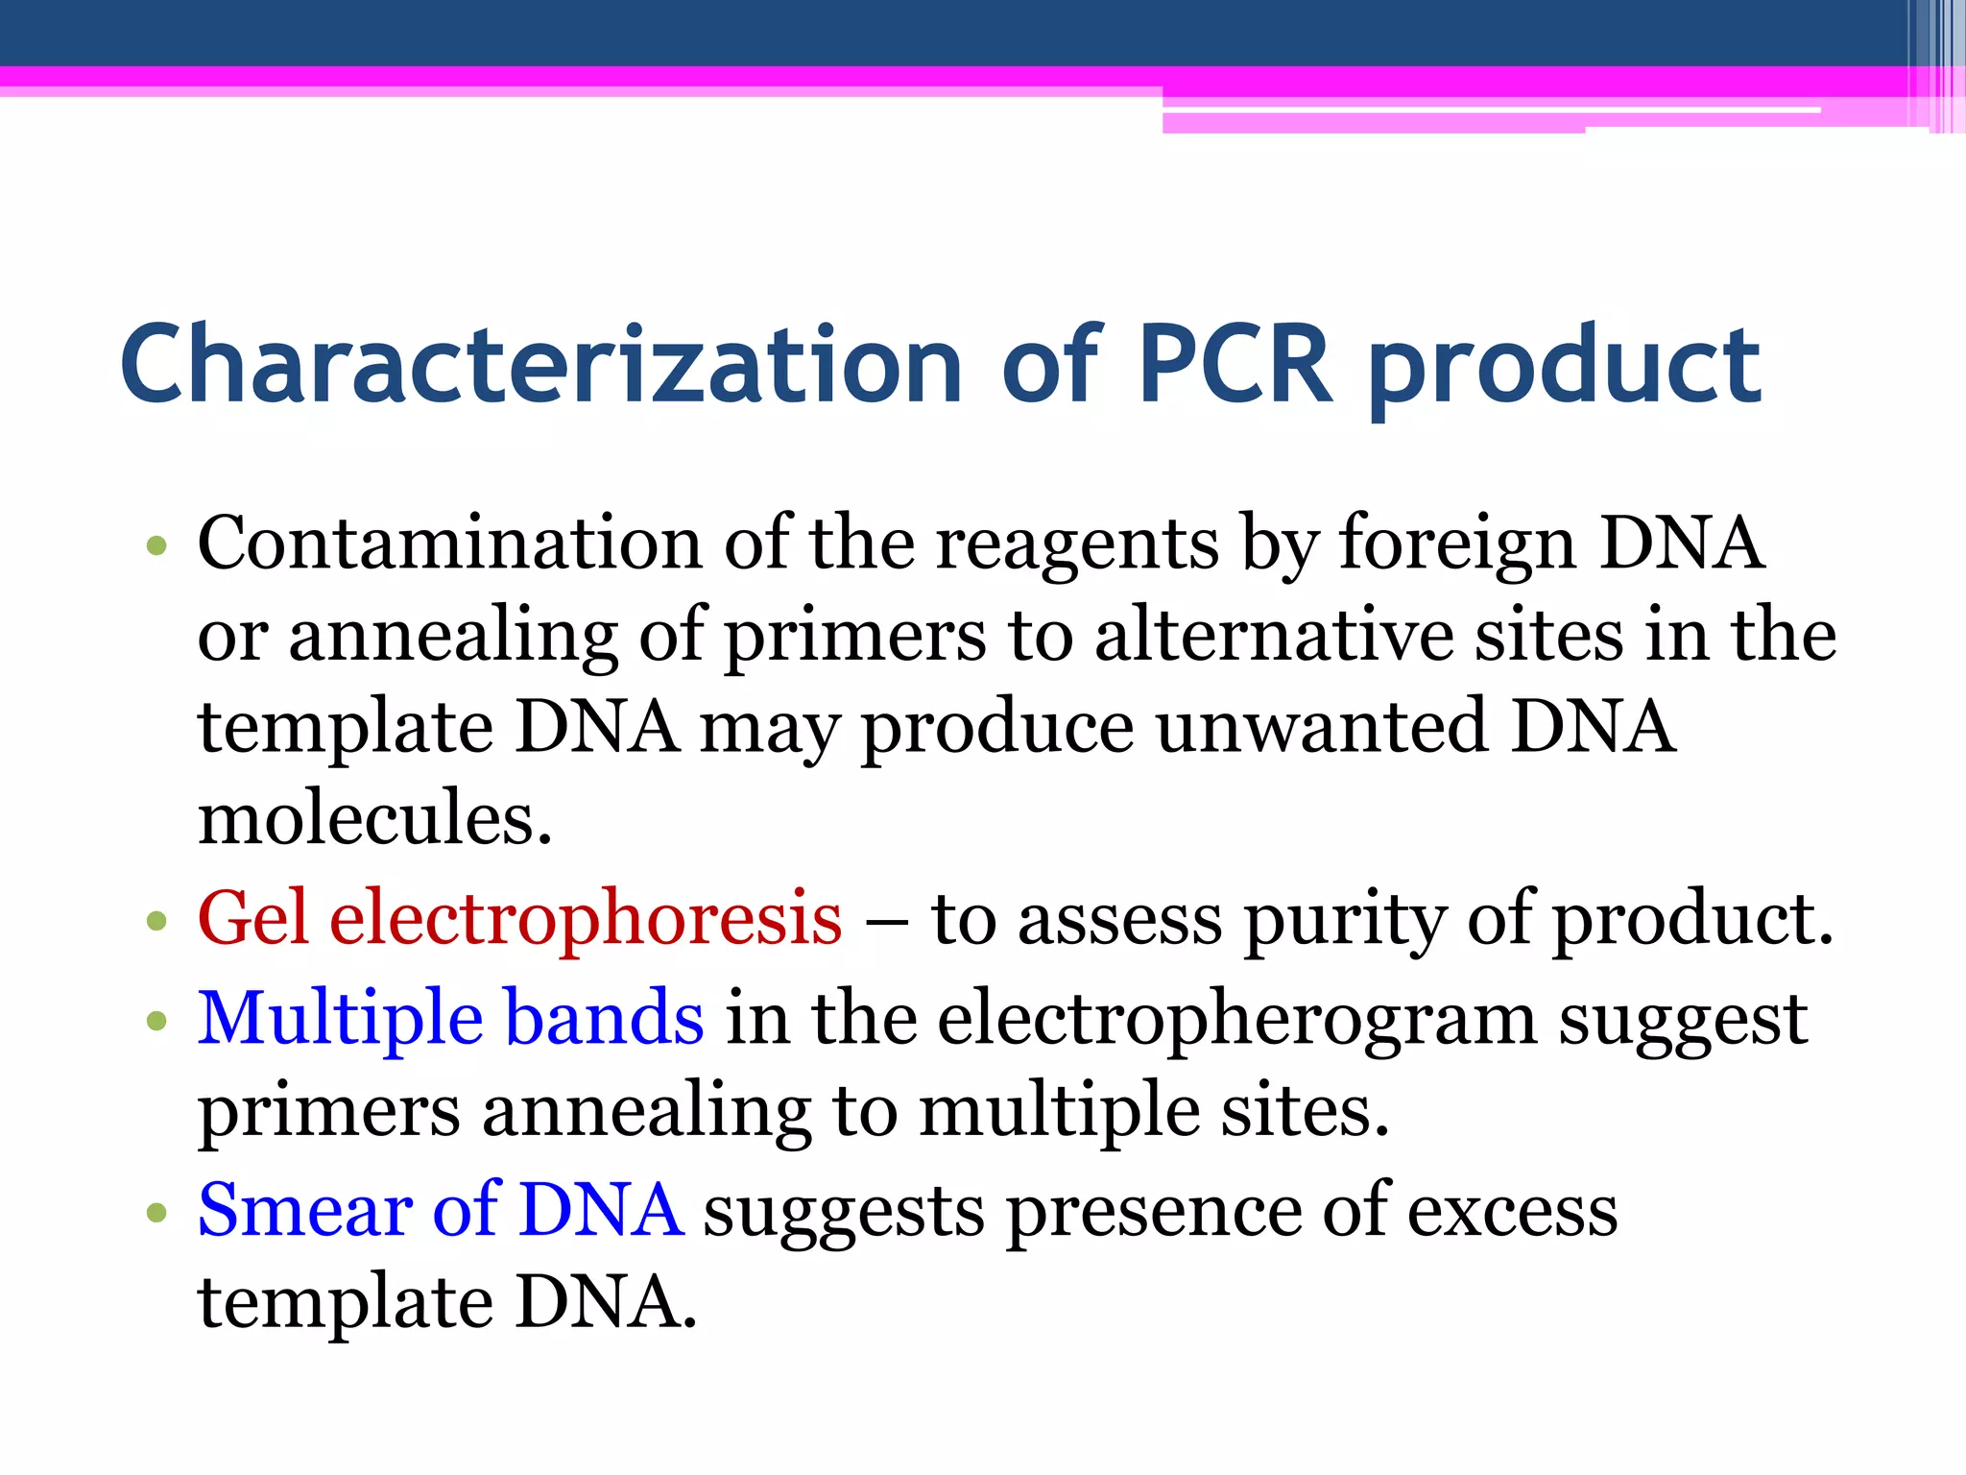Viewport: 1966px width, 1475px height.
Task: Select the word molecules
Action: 374,818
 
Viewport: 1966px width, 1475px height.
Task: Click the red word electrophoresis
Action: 586,920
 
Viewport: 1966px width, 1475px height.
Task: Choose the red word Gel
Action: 253,918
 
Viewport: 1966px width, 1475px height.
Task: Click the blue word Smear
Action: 304,1210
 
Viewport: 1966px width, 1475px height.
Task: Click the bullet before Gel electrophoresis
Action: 156,923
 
